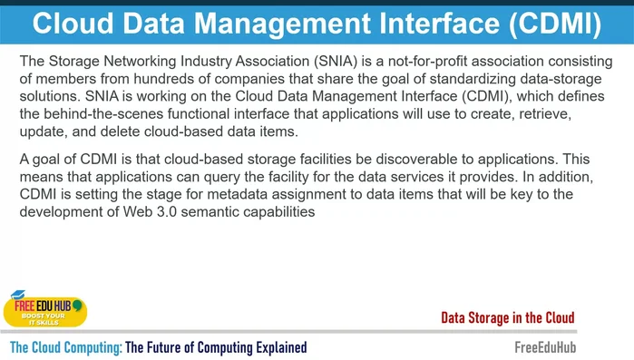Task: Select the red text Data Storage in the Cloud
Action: (x=507, y=317)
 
